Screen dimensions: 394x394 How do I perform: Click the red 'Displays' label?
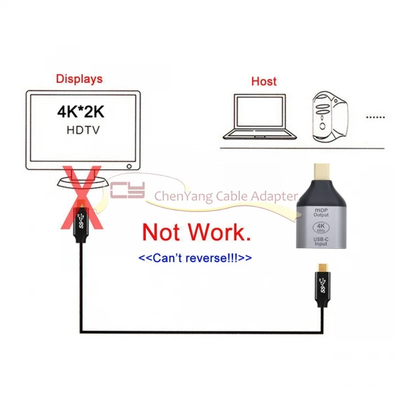(79, 78)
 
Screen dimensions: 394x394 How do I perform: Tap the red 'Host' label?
(264, 81)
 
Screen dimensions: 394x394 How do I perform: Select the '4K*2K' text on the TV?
(80, 110)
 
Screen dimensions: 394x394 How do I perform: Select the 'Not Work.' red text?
(196, 231)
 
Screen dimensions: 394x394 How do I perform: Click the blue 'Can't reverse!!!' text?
(195, 258)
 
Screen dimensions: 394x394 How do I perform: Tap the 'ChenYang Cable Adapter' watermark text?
(226, 196)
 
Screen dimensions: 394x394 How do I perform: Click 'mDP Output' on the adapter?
(321, 212)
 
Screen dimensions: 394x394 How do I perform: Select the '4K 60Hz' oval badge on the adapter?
(321, 227)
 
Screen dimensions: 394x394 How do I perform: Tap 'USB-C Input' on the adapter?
(321, 243)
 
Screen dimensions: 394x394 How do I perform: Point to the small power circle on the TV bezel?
(129, 167)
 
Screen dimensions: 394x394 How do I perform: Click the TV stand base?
(81, 183)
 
